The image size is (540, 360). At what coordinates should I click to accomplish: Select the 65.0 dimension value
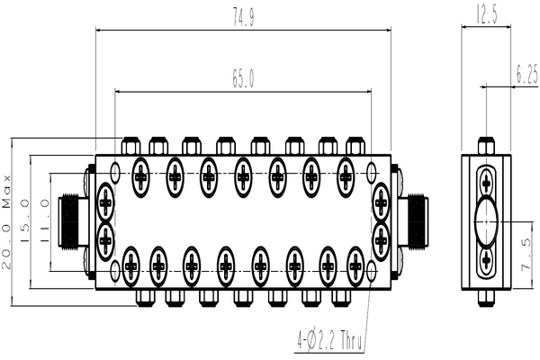click(243, 78)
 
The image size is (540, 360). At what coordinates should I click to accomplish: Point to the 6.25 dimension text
click(526, 74)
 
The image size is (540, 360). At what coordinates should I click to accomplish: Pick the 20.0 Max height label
click(6, 222)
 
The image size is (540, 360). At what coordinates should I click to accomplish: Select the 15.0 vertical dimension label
click(25, 220)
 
